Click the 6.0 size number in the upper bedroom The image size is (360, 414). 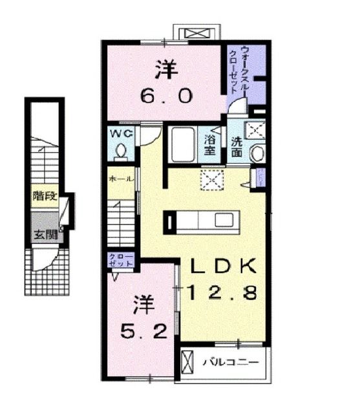point(166,96)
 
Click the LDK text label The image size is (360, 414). point(224,266)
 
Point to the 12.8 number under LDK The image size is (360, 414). point(224,292)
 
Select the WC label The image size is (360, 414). point(120,134)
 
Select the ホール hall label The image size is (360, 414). point(121,178)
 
